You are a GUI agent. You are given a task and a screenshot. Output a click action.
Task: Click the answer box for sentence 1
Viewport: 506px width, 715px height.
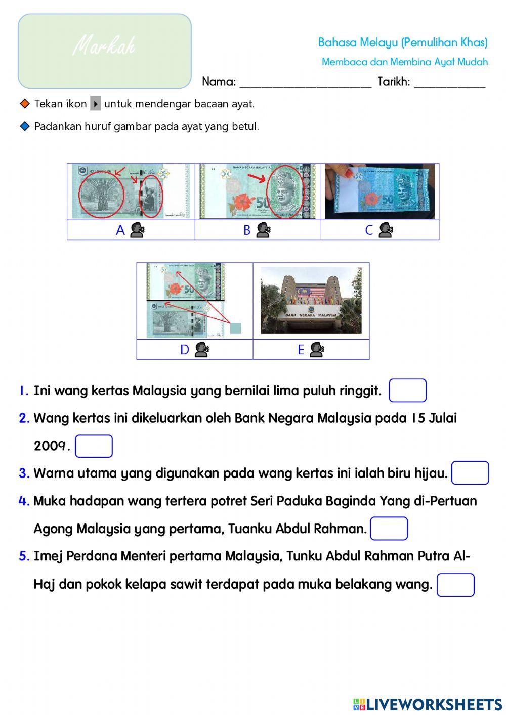pos(407,391)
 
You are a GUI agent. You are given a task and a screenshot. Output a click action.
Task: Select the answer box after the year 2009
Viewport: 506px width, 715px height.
pos(94,446)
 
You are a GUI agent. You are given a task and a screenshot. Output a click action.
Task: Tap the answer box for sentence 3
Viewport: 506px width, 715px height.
pos(470,473)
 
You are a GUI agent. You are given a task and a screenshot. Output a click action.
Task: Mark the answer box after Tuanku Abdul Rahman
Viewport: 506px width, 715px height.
pos(389,529)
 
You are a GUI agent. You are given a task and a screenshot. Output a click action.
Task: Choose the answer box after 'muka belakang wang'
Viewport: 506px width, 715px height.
pos(455,585)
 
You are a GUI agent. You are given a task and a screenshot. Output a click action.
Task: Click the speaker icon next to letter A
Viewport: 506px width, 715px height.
pos(137,230)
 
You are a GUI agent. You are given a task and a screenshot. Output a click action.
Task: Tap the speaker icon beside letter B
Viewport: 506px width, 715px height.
pos(263,230)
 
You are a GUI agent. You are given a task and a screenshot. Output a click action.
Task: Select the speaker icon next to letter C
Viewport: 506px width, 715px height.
pos(386,230)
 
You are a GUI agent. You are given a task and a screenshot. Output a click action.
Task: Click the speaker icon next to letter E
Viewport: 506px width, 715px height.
pos(317,349)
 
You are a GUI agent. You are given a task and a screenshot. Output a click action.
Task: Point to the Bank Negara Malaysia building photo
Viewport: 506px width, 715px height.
pos(311,300)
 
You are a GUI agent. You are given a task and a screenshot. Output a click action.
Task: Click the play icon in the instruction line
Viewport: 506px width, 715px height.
pos(96,104)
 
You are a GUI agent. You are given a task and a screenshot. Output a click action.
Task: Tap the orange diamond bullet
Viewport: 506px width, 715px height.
pos(25,104)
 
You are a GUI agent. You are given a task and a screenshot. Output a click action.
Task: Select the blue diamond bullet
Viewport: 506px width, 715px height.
pos(25,126)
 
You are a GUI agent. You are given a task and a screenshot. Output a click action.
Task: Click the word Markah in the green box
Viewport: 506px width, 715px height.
pos(104,47)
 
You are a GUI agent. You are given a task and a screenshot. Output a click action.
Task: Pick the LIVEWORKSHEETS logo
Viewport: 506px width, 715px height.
pos(428,704)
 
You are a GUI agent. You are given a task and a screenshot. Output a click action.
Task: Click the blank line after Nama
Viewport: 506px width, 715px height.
pos(305,83)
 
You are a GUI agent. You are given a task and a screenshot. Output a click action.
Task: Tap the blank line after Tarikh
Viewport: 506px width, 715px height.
pos(449,83)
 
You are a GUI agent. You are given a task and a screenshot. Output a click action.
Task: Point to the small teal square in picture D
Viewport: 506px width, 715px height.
pos(235,328)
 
